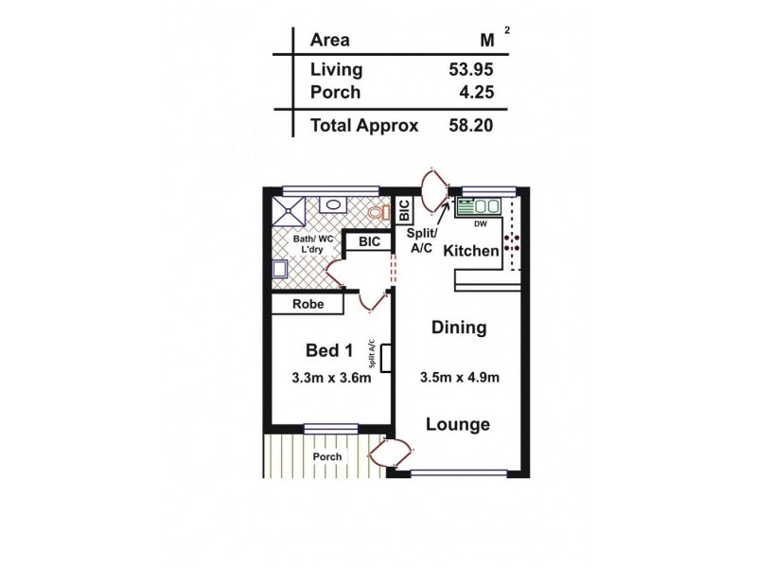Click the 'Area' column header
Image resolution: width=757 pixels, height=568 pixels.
329,40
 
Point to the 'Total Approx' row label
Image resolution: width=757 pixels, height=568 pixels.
364,124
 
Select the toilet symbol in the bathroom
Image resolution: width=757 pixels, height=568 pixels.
380,211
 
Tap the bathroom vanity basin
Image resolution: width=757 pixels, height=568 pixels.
332,204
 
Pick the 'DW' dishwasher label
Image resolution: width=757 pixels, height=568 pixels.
480,223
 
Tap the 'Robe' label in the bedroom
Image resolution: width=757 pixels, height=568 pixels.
308,305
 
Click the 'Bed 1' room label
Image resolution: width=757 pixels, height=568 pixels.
328,351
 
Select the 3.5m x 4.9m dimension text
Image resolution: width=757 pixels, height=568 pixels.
459,379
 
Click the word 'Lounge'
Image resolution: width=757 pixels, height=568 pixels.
459,424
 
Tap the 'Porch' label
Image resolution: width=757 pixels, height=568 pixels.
326,456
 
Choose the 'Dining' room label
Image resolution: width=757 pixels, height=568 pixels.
459,328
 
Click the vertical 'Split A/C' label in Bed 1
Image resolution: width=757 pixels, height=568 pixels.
372,355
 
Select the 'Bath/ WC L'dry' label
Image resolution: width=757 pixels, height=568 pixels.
312,244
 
